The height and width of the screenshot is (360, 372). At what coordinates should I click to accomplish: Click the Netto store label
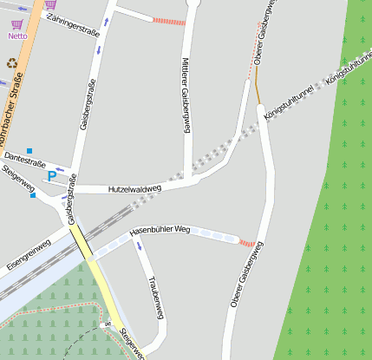[x=17, y=36]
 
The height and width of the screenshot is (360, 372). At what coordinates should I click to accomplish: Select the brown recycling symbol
[x=12, y=62]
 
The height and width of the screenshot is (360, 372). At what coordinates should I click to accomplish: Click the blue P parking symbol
[x=52, y=176]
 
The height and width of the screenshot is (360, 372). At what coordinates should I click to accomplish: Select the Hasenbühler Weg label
[x=160, y=232]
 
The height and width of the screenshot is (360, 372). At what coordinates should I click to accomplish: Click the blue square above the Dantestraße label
[x=29, y=150]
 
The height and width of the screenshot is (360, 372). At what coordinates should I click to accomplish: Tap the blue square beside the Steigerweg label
[x=33, y=195]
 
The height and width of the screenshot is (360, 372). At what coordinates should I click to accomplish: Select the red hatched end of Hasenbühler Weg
[x=247, y=243]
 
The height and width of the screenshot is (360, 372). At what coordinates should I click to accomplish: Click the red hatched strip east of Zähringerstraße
[x=168, y=21]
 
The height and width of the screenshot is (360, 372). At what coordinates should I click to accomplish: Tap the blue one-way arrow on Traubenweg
[x=139, y=248]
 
